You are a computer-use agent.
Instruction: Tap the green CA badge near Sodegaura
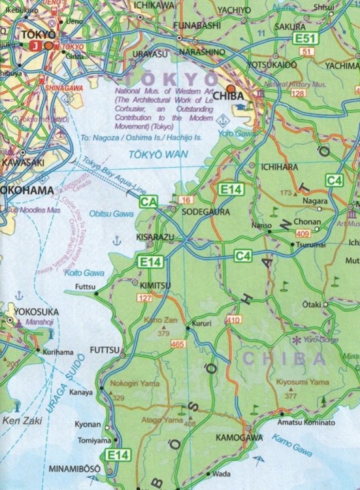point(147,203)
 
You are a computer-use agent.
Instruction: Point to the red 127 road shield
point(145,299)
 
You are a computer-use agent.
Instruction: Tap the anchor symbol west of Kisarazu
point(117,240)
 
